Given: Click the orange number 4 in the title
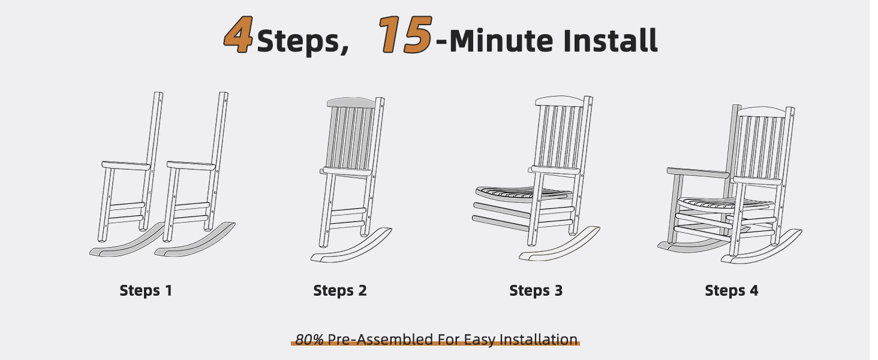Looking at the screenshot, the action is pos(238,35).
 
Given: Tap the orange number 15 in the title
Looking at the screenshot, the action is pos(405,35).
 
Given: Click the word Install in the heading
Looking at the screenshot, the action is pos(610,40).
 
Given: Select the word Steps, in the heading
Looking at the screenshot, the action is pos(303,41).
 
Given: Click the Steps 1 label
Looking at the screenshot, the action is pos(146,290).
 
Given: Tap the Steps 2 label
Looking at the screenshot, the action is pos(340,290).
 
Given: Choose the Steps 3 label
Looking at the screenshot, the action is pos(536,290).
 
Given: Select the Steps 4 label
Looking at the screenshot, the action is pos(732,290).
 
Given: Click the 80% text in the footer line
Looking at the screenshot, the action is pos(309,339).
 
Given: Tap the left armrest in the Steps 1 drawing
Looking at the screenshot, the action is pos(126,166).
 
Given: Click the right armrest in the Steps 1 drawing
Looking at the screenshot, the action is pos(191,166).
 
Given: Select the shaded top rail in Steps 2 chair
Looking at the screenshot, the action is pos(351,103).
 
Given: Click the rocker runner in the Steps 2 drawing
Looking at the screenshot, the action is pos(351,246).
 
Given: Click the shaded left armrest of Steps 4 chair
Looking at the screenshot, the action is pos(698,173).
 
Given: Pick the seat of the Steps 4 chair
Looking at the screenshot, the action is pos(725,205).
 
